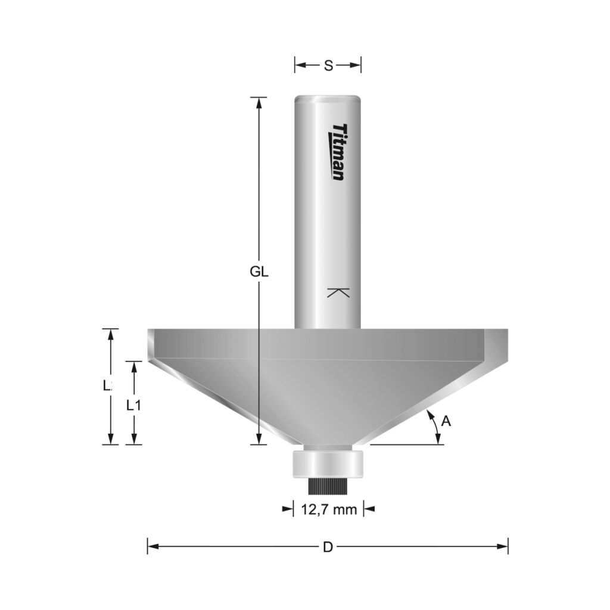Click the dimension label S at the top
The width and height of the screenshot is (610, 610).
(x=328, y=66)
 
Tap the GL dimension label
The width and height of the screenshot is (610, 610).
(x=259, y=272)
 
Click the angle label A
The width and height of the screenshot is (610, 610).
(x=446, y=422)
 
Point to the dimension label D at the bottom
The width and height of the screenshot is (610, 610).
(x=328, y=546)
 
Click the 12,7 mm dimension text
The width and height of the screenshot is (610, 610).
(x=329, y=509)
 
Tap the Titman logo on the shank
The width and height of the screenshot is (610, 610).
(x=338, y=152)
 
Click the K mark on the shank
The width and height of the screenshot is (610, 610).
(x=338, y=293)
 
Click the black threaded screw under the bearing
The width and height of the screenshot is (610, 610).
(x=327, y=485)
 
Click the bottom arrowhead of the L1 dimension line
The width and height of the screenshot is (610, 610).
(x=135, y=439)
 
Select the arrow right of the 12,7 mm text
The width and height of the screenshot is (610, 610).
(x=369, y=509)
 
